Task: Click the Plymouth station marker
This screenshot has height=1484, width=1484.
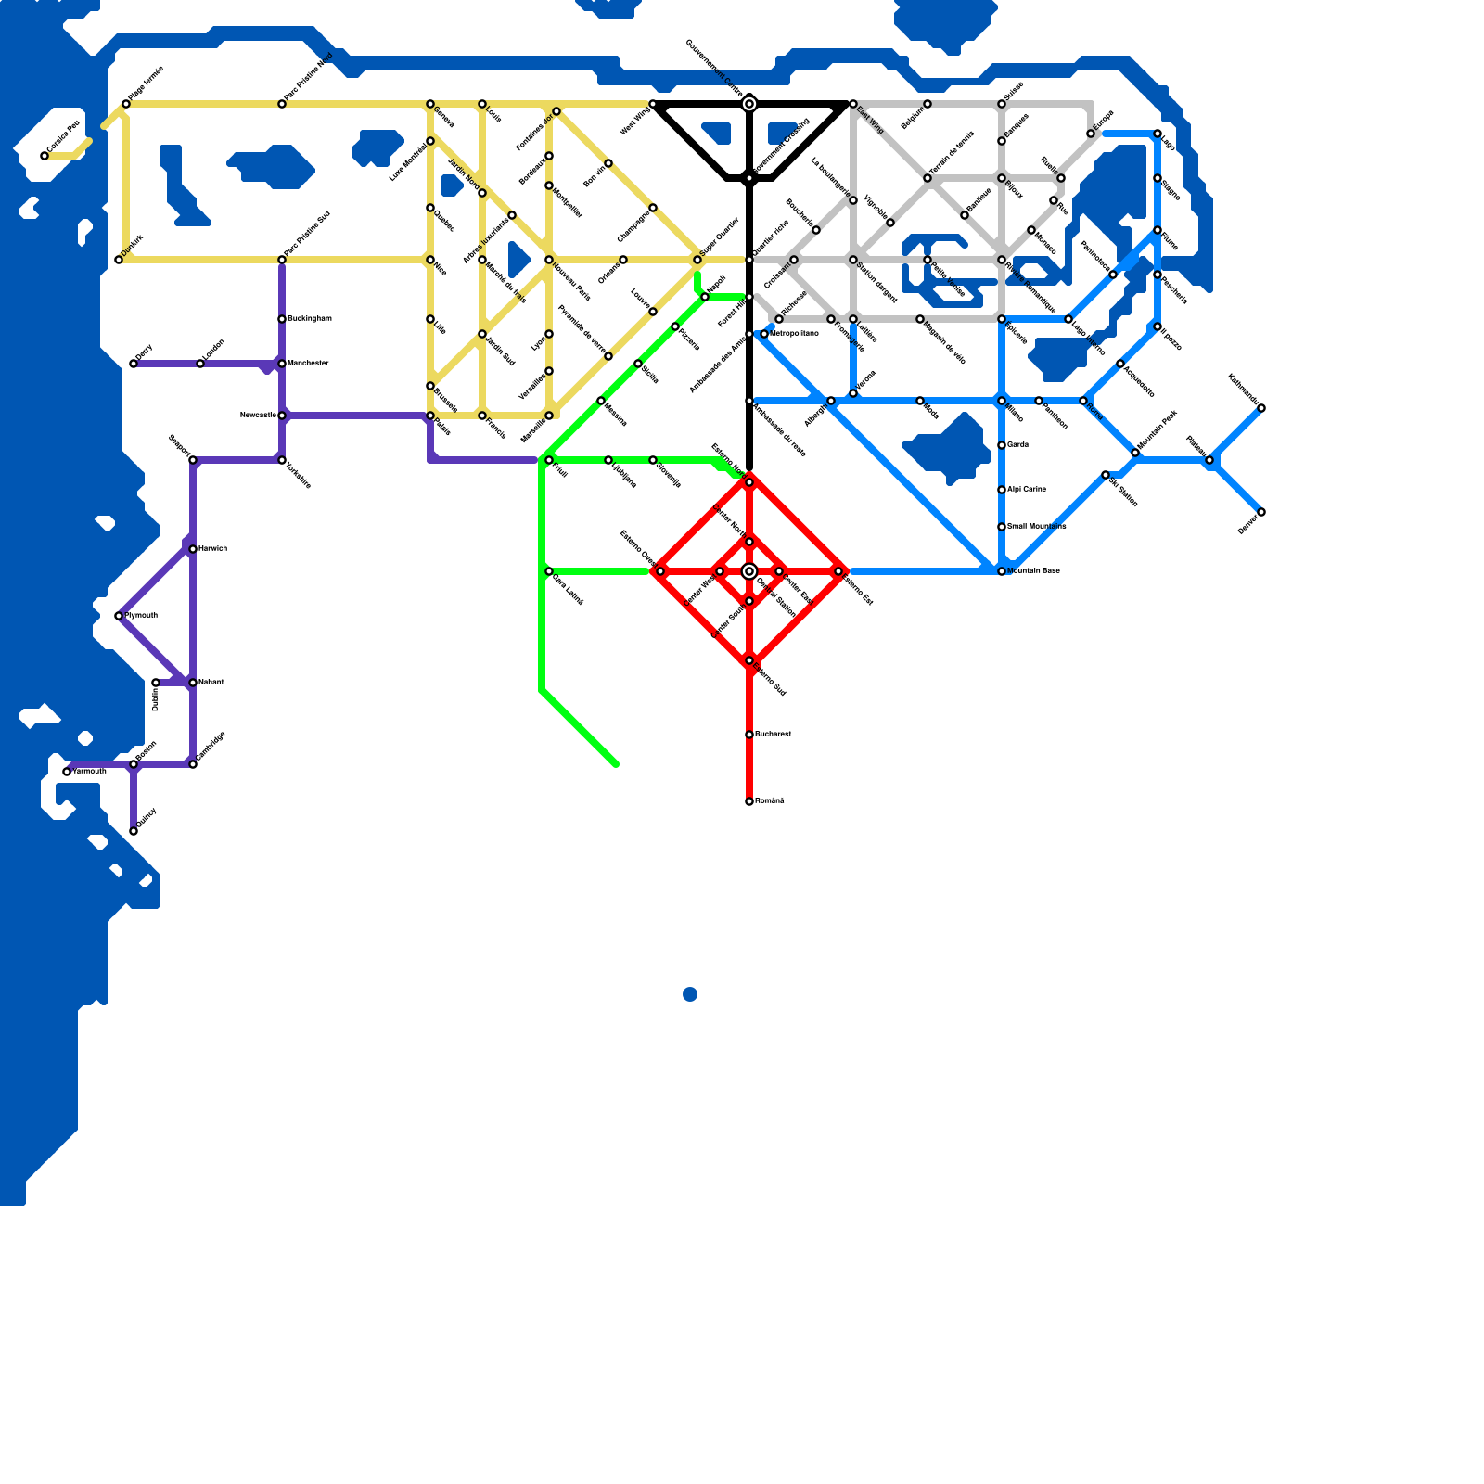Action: (119, 616)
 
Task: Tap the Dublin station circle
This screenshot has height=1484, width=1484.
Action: (156, 684)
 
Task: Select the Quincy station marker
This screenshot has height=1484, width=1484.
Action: (134, 831)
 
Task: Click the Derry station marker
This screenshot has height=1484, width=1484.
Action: (134, 364)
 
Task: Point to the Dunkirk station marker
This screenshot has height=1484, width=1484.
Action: (119, 260)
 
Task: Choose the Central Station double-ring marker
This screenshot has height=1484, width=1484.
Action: (749, 571)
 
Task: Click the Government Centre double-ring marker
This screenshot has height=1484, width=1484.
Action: (749, 104)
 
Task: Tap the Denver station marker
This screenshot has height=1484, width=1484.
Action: (1261, 512)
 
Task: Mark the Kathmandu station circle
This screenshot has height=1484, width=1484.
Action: (1261, 408)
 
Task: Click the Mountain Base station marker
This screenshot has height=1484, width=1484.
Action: (1002, 571)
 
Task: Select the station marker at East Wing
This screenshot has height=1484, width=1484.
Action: (853, 104)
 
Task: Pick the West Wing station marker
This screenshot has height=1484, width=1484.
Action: (653, 104)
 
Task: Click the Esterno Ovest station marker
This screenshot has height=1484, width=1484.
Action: (660, 571)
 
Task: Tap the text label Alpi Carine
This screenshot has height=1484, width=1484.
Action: (1027, 490)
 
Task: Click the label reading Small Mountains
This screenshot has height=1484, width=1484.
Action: (1036, 527)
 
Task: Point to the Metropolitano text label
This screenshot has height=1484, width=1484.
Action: (794, 333)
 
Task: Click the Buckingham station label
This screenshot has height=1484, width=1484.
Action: (309, 319)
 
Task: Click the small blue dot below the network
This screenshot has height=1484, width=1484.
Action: (690, 994)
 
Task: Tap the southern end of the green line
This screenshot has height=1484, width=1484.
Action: (615, 763)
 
